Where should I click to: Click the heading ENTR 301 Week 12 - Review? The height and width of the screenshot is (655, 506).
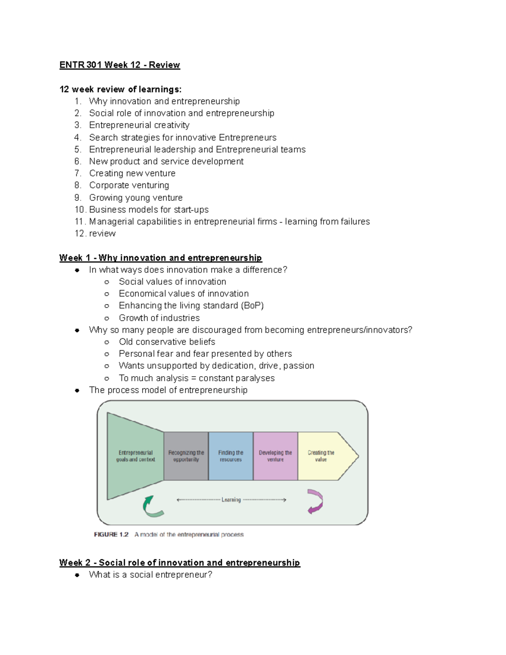[119, 65]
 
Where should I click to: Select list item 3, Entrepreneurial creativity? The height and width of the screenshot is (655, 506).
[139, 125]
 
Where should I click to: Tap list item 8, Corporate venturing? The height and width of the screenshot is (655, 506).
[129, 185]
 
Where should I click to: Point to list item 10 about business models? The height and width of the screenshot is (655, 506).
[148, 210]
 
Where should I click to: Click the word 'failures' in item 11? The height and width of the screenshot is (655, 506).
[353, 221]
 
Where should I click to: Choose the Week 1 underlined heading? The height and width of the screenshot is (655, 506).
[160, 258]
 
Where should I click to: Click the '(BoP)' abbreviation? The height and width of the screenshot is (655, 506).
[252, 305]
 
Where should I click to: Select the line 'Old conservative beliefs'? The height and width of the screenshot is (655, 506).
[167, 342]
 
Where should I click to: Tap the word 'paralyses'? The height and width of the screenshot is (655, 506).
[257, 378]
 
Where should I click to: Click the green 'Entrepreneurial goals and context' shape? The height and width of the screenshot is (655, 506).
[135, 456]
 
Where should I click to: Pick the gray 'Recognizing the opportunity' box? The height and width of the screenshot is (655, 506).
[186, 456]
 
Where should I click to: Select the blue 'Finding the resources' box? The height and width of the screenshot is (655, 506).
[231, 456]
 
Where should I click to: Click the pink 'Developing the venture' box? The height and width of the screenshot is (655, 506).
[275, 456]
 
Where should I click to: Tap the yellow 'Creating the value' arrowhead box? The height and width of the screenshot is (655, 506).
[323, 456]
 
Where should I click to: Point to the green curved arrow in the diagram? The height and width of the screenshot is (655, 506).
[152, 507]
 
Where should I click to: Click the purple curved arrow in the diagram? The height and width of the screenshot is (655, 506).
[315, 501]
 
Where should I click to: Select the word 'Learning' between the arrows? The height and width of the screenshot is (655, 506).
[231, 500]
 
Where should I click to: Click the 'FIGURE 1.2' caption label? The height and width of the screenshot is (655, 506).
[111, 534]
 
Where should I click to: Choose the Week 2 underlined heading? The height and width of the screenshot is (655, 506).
[180, 563]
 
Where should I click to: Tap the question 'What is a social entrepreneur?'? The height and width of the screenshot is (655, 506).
[151, 575]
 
